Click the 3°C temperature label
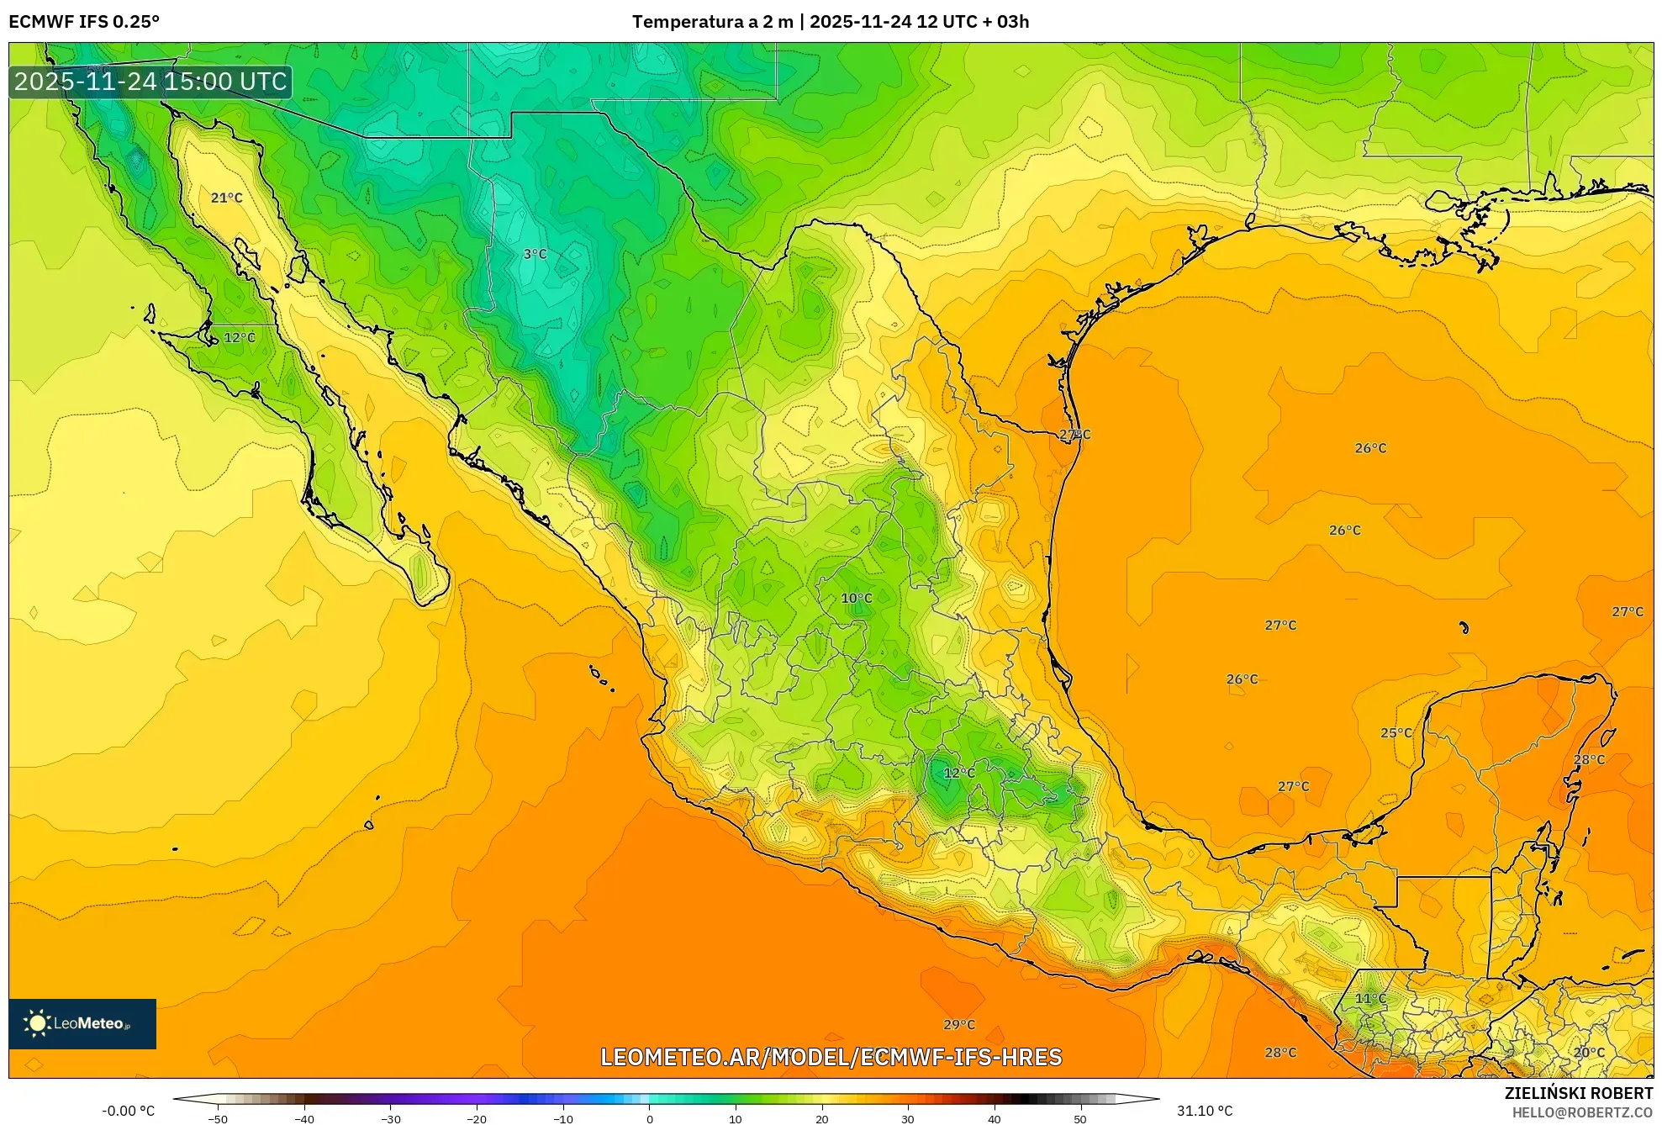click(535, 254)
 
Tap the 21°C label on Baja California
click(226, 198)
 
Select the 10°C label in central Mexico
click(857, 599)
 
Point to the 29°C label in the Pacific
click(958, 1024)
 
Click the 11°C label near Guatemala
click(1370, 998)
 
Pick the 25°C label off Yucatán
click(1396, 733)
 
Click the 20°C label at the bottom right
click(1588, 1052)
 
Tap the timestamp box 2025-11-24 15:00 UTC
click(150, 82)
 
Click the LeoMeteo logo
click(82, 1023)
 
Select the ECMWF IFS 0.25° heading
click(84, 21)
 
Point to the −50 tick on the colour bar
click(218, 1119)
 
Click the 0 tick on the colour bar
click(649, 1119)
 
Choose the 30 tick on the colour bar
click(908, 1119)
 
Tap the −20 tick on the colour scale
click(477, 1119)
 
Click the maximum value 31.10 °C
click(1204, 1111)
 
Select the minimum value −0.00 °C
click(128, 1111)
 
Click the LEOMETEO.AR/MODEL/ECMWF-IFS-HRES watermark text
click(831, 1057)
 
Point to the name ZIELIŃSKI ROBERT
click(1578, 1093)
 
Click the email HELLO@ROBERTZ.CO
click(1582, 1112)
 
